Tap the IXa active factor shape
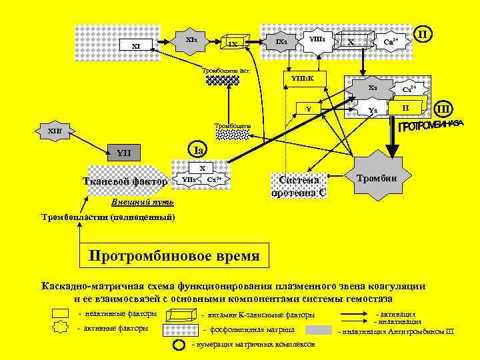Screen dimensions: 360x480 pos(282,42)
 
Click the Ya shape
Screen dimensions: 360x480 pos(373,110)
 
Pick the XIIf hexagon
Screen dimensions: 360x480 pos(55,130)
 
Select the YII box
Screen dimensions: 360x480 pos(125,154)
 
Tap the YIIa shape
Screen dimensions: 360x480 pos(189,179)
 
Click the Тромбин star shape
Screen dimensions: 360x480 pos(377,178)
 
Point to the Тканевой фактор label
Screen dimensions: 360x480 pos(124,181)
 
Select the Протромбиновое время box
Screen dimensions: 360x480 pos(175,256)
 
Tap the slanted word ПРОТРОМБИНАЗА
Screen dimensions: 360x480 pos(430,125)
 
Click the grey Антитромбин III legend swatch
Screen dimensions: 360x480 pos(319,330)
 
